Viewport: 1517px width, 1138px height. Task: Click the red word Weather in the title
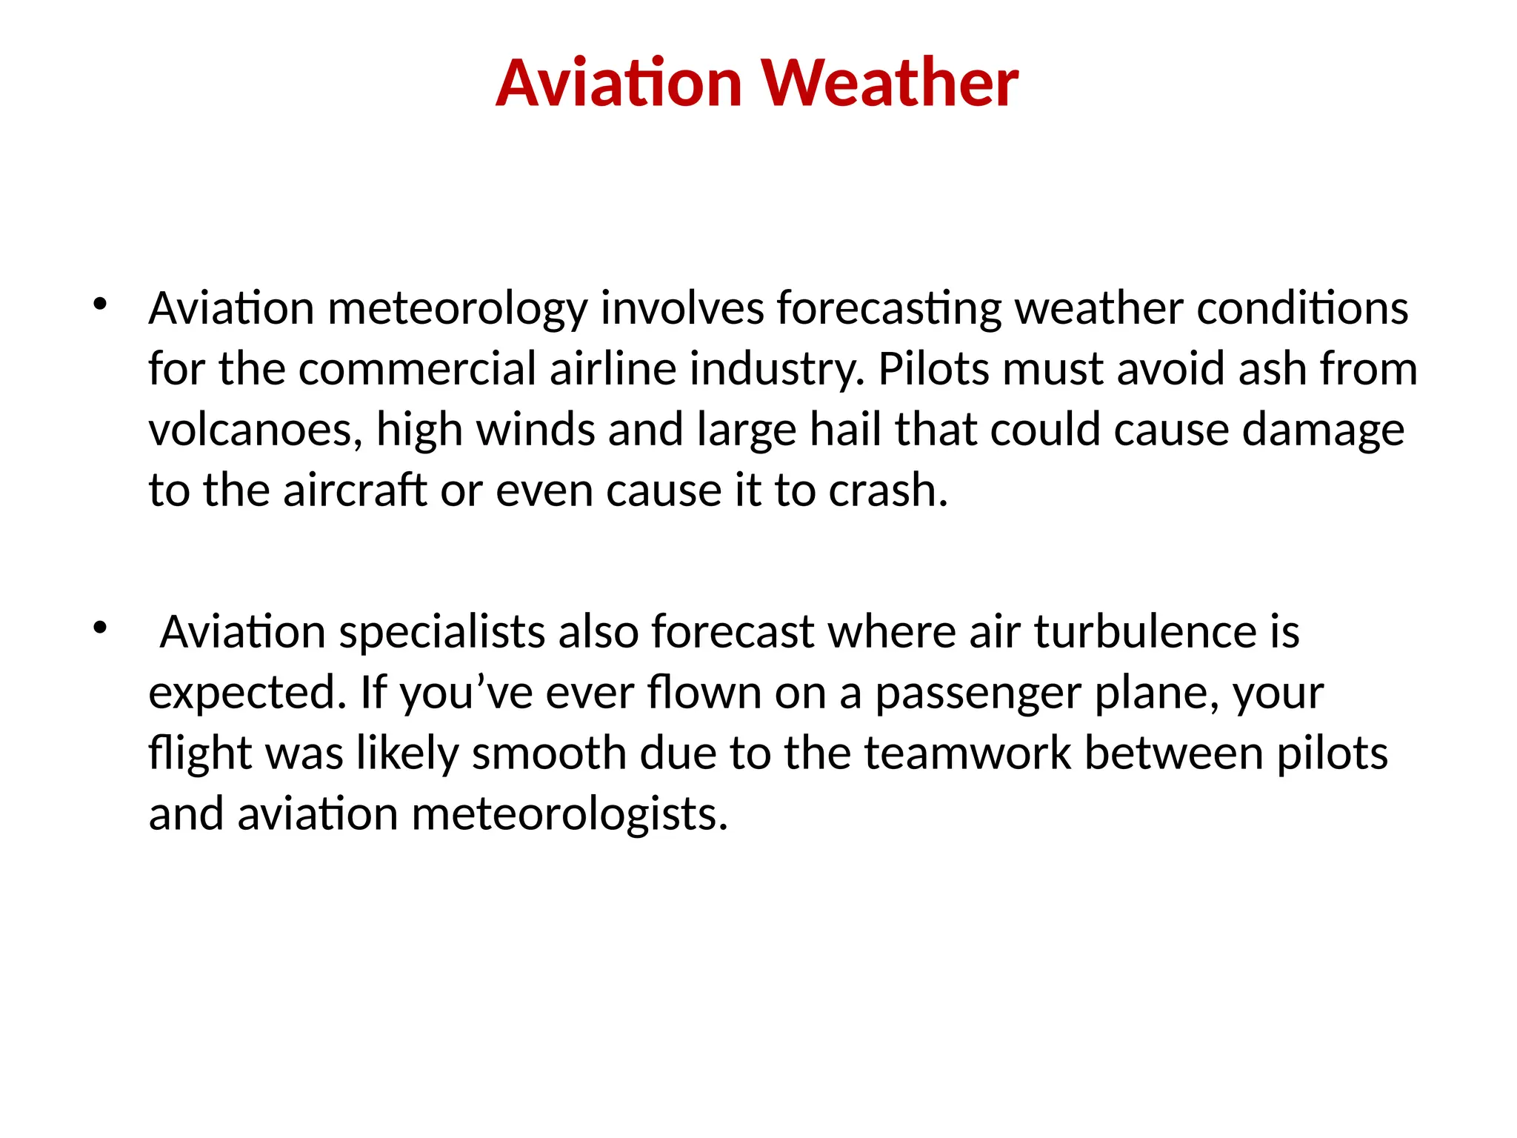890,83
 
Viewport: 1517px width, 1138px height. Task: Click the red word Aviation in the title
619,83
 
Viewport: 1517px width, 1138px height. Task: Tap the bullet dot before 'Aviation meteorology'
100,304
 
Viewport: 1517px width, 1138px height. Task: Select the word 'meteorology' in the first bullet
457,310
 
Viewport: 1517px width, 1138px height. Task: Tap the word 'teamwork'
967,753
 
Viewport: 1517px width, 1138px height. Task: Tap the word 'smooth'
549,753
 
